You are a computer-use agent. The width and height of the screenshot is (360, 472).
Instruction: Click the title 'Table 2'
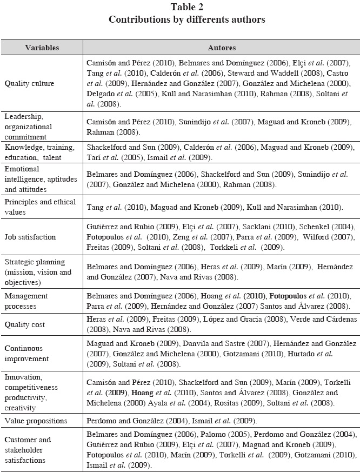(186, 7)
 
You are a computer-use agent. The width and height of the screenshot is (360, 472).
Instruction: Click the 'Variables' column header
(42, 48)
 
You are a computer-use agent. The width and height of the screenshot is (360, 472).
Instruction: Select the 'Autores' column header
(222, 48)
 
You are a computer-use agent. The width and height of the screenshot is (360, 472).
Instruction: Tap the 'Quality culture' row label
(29, 84)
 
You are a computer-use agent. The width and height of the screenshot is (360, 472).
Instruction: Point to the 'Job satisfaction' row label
(30, 236)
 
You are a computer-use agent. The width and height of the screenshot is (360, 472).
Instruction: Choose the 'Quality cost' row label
(25, 324)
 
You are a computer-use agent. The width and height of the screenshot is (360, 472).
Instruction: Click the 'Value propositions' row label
(36, 420)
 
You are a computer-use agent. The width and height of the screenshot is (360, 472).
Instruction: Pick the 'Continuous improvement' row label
(26, 353)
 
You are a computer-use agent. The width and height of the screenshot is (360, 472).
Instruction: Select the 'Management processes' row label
(26, 301)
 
